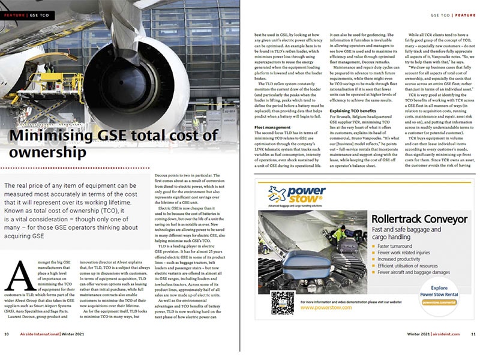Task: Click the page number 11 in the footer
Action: coord(473,350)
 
